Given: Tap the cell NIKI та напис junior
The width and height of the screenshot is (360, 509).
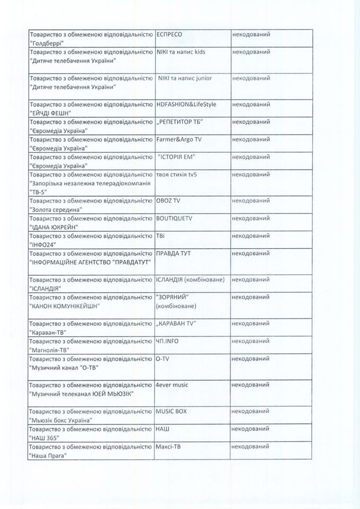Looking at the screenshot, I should [185, 78].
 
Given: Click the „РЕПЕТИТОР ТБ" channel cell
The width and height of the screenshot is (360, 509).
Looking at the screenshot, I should [180, 122].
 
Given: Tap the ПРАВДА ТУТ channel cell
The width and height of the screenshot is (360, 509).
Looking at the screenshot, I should [173, 253].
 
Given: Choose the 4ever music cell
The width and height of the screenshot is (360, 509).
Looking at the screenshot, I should [172, 384].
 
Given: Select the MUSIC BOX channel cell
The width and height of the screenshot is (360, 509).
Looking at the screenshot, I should [171, 411].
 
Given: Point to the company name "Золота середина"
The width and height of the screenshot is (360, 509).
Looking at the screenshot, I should [56, 209].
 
